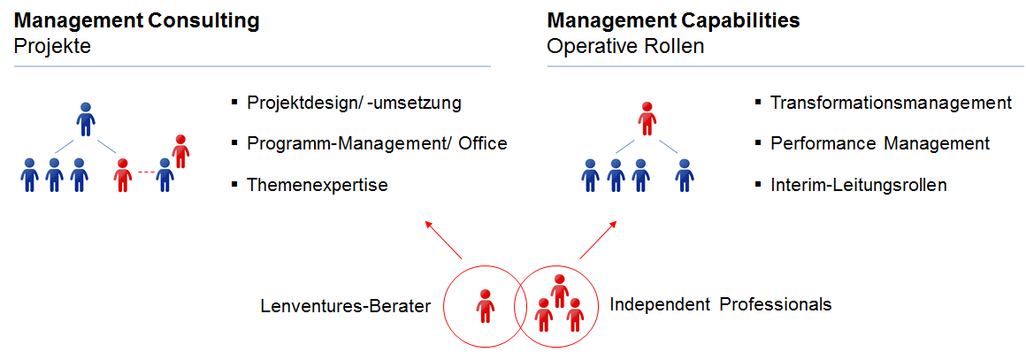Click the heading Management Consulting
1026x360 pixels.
coord(137,20)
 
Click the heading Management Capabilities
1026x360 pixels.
coord(673,20)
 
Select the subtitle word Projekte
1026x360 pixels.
coord(52,46)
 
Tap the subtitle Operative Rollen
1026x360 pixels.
coord(625,46)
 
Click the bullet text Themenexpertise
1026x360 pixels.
coord(318,185)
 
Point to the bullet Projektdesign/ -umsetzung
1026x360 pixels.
coord(354,102)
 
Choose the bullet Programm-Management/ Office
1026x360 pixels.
coord(377,143)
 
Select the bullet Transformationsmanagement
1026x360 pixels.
coord(891,102)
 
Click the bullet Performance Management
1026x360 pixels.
coord(879,143)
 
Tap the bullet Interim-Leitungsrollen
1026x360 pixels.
coord(859,185)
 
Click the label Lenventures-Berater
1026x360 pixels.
coord(345,306)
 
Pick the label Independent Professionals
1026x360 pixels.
coord(721,305)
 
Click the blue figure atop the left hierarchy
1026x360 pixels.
coord(86,119)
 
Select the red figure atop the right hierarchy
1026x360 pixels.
coord(647,119)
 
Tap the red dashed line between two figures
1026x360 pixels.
coord(142,172)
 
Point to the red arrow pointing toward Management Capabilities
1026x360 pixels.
coord(599,238)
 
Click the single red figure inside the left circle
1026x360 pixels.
coord(485,306)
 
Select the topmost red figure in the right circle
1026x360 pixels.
coord(559,290)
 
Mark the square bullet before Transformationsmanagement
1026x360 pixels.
coord(758,102)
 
